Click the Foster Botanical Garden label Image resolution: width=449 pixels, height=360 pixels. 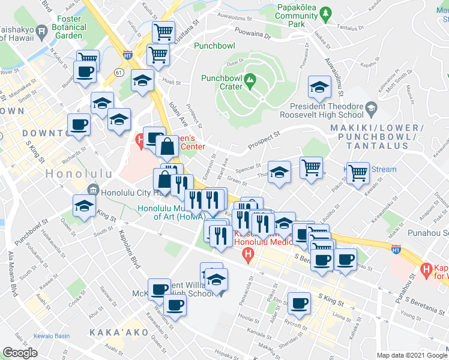coord(69,26)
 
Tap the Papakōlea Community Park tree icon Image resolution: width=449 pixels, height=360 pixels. coord(326,12)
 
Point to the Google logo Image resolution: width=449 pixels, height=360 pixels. coord(19,353)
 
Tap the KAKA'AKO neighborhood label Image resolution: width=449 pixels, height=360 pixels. coord(115,332)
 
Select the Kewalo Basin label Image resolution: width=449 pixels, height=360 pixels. coord(53,335)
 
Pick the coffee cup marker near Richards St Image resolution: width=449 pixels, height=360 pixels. coord(79,125)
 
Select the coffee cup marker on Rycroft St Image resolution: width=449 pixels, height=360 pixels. coord(298,302)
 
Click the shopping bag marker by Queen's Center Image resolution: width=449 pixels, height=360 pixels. coord(166,146)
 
